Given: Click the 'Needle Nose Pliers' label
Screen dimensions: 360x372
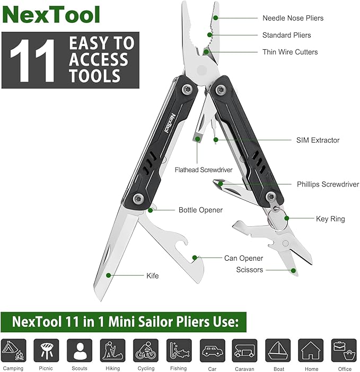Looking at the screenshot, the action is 293,18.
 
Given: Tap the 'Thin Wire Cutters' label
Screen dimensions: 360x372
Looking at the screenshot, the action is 290,52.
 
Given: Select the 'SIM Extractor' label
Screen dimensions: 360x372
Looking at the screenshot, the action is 318,140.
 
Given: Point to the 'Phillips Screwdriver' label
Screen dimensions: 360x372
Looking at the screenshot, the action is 328,184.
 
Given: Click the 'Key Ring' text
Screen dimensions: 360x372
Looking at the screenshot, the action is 330,219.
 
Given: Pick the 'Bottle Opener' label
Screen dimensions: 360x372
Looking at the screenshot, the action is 200,210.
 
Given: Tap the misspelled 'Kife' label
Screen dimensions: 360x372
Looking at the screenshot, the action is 152,276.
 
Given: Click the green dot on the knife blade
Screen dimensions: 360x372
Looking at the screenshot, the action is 109,275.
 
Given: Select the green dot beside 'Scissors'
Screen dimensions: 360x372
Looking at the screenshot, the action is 293,270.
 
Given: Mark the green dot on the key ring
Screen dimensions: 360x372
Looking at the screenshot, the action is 287,218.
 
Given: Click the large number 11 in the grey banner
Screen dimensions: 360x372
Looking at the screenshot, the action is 32,60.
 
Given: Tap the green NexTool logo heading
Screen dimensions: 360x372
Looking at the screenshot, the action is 51,15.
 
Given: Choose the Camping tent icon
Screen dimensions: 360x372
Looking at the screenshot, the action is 13,350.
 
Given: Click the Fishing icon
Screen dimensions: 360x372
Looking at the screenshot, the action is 179,350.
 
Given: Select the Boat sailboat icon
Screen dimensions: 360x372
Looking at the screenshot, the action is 278,350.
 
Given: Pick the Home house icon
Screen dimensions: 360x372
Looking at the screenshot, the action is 311,350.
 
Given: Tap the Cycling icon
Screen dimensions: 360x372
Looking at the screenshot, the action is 146,350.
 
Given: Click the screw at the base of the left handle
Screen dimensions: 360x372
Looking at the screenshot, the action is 138,198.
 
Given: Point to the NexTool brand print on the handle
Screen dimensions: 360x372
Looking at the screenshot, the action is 170,123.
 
